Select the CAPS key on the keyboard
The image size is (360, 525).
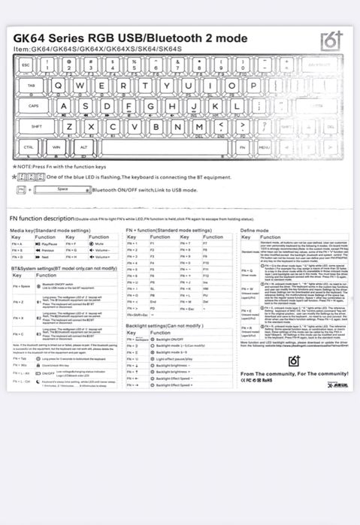[x=34, y=106]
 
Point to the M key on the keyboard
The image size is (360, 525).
[x=199, y=126]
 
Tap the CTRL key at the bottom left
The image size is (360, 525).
[x=29, y=147]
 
